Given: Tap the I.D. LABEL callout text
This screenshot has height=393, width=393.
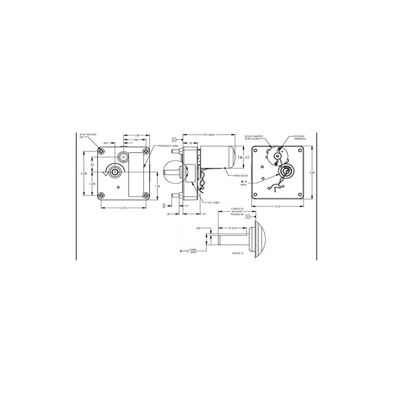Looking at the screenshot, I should [x=213, y=202].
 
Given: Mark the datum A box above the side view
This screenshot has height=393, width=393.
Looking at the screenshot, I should [x=174, y=139].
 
